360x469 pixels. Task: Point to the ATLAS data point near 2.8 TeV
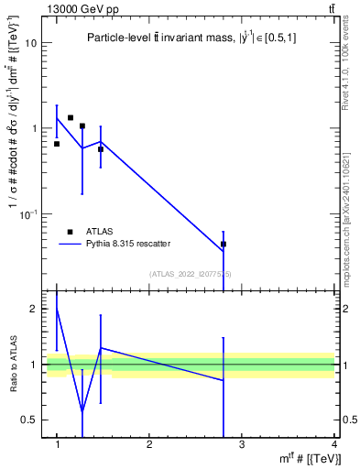click(224, 245)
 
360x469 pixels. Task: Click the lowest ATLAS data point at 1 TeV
click(57, 144)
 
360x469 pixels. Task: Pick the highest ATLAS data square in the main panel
click(71, 117)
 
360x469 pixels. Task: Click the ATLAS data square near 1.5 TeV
click(101, 148)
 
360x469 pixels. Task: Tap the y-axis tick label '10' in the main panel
click(31, 43)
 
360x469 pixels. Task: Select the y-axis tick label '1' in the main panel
click(35, 128)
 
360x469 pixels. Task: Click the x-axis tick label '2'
click(149, 444)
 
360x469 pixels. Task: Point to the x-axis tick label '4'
click(333, 444)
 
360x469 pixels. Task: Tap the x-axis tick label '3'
click(242, 444)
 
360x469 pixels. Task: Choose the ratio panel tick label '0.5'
click(29, 420)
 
